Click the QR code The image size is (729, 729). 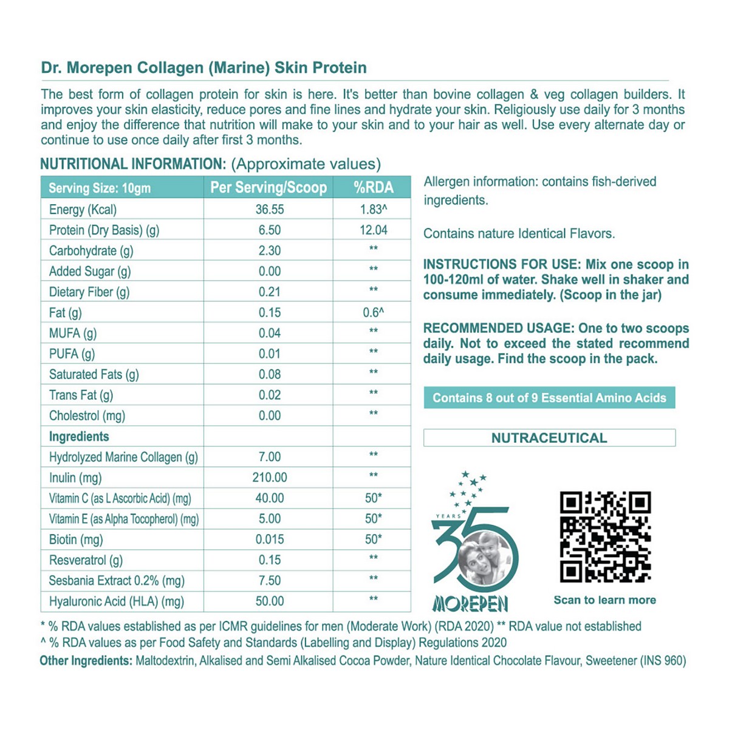pyautogui.click(x=605, y=536)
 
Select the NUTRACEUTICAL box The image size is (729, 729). pyautogui.click(x=549, y=438)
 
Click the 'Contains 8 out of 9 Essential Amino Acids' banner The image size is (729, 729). pyautogui.click(x=549, y=398)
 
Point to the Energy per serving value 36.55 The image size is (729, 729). pyautogui.click(x=269, y=210)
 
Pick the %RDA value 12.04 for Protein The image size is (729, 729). pyautogui.click(x=373, y=230)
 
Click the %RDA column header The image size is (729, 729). pyautogui.click(x=373, y=188)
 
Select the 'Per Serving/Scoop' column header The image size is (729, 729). pyautogui.click(x=269, y=188)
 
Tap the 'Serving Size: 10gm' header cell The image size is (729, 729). pyautogui.click(x=100, y=188)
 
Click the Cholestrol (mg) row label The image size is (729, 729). pyautogui.click(x=87, y=416)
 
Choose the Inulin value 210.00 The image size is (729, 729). pyautogui.click(x=269, y=478)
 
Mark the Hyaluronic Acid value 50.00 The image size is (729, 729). pyautogui.click(x=269, y=601)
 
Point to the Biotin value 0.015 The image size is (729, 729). pyautogui.click(x=269, y=539)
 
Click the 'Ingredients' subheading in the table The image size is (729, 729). pyautogui.click(x=79, y=437)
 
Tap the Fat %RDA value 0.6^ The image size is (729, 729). pyautogui.click(x=373, y=313)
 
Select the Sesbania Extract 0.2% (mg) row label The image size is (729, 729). pyautogui.click(x=117, y=581)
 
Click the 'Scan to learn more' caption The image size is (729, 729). pyautogui.click(x=604, y=600)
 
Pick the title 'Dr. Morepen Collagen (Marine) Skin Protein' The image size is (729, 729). pyautogui.click(x=204, y=67)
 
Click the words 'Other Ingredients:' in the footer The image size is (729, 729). pyautogui.click(x=86, y=661)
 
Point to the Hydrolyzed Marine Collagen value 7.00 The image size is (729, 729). pyautogui.click(x=269, y=457)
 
